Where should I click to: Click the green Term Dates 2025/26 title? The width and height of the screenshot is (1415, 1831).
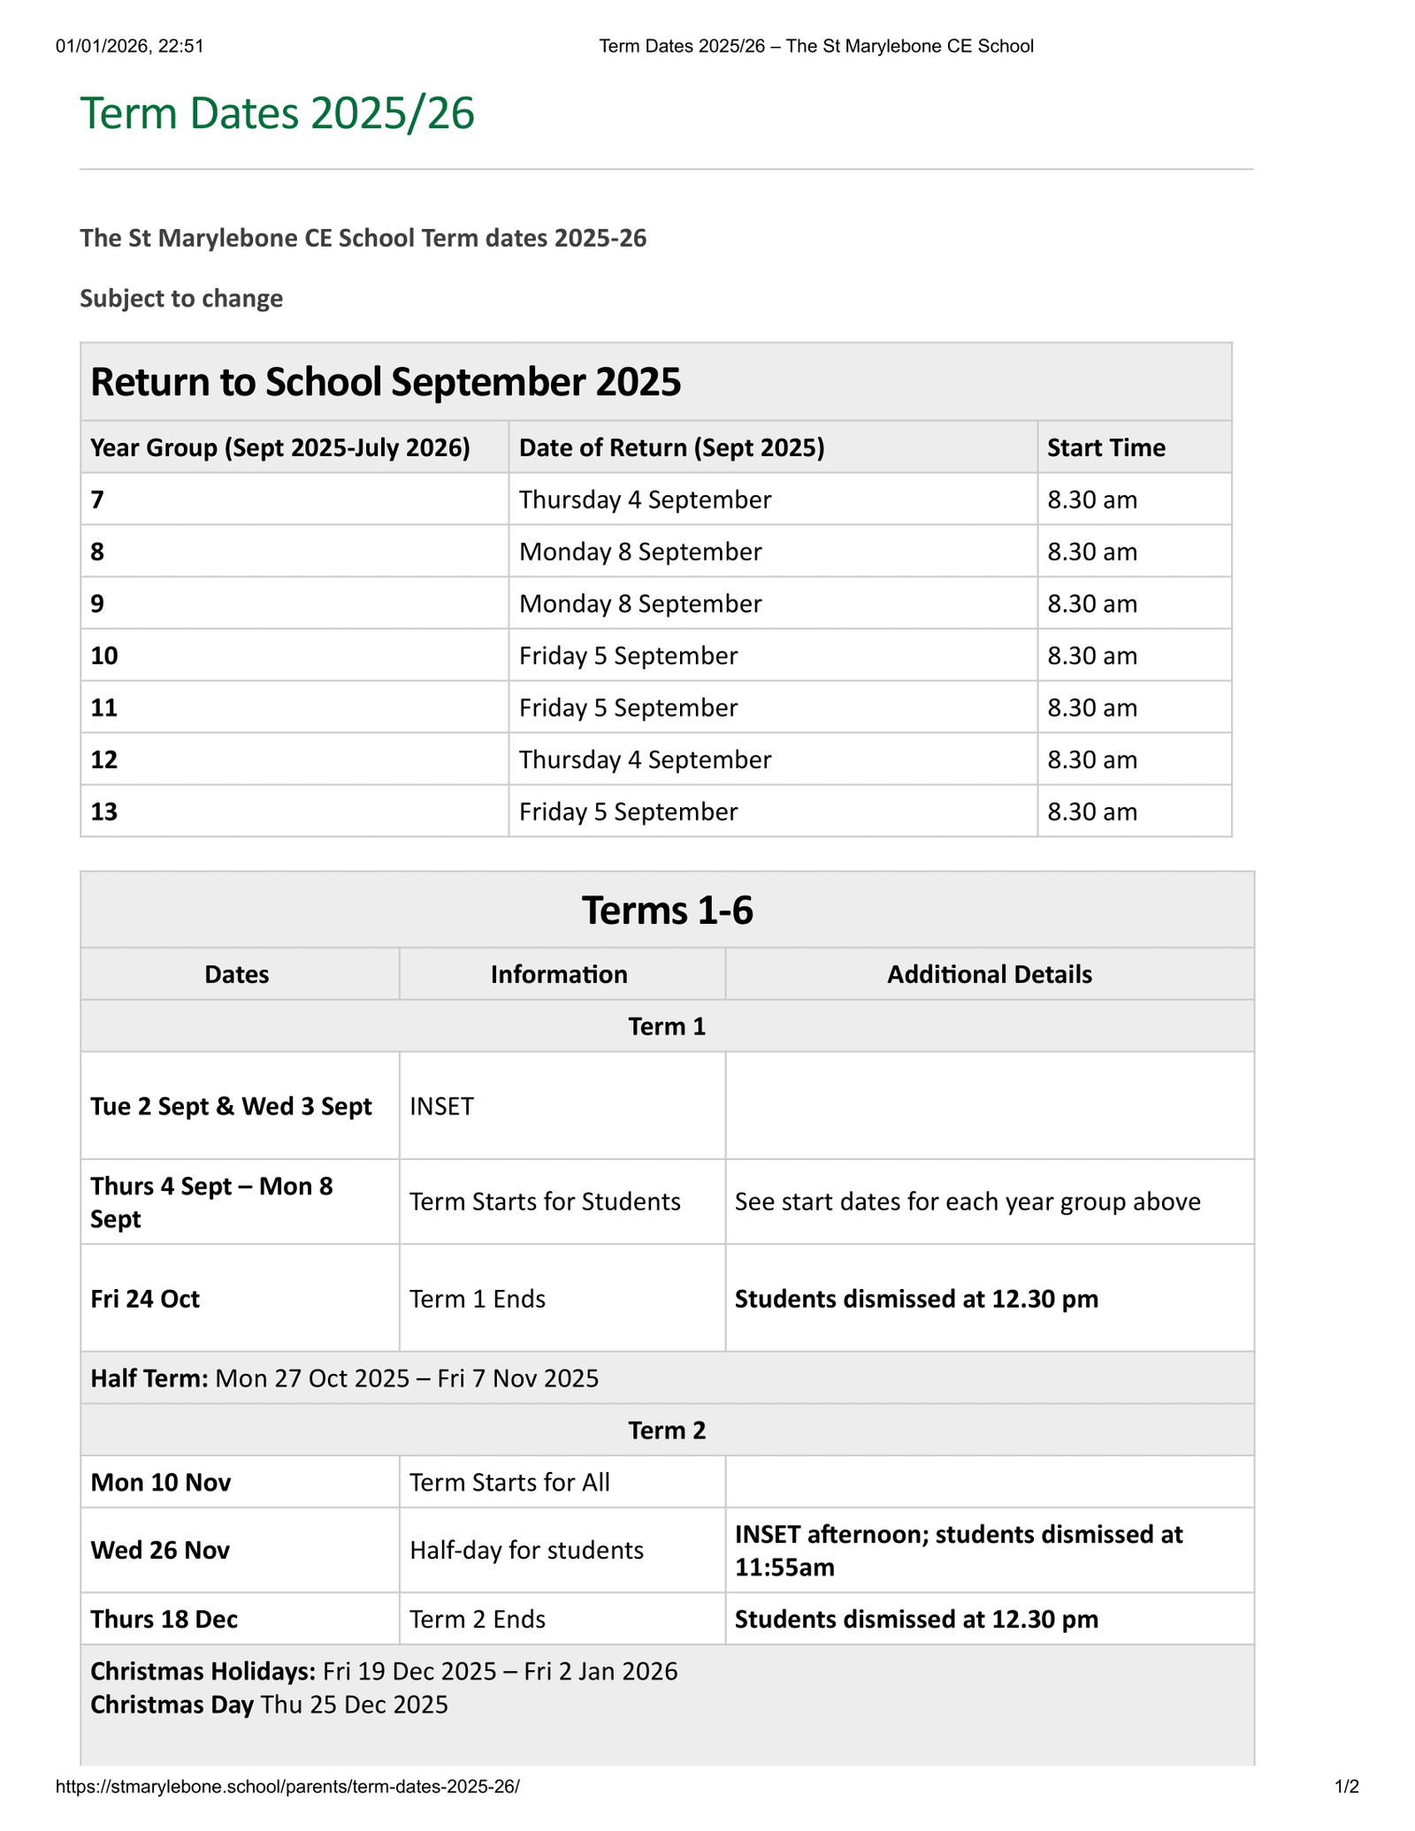tap(277, 114)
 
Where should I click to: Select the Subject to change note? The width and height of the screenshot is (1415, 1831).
tap(181, 299)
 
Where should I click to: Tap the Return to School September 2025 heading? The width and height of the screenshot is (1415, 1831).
tap(386, 383)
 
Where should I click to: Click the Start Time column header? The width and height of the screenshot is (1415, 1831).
tap(1105, 448)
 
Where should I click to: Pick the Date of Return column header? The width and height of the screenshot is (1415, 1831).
tap(671, 448)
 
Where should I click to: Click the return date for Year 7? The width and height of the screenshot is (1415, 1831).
tap(645, 500)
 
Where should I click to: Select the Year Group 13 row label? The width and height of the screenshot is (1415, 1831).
tap(104, 813)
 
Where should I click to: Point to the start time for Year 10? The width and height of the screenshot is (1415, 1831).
tap(1092, 656)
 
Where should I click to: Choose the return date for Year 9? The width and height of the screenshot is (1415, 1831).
tap(640, 605)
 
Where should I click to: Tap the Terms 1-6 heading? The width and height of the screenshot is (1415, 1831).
tap(667, 911)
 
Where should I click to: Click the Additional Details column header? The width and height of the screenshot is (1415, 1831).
tap(989, 975)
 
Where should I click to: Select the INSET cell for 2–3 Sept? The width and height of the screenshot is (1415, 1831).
tap(442, 1107)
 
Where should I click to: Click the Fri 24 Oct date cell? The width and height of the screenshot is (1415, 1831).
tap(145, 1300)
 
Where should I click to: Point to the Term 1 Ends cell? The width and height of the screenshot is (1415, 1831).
tap(478, 1300)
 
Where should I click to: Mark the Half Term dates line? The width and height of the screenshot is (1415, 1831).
tap(345, 1378)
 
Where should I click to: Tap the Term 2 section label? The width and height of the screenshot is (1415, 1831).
tap(667, 1430)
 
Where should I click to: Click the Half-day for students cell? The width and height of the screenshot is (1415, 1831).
tap(526, 1551)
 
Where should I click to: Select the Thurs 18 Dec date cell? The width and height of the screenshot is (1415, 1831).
tap(164, 1620)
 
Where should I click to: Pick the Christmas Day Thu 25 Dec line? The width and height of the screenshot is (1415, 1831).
tap(270, 1705)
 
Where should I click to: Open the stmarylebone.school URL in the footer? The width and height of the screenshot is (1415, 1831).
tap(287, 1787)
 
